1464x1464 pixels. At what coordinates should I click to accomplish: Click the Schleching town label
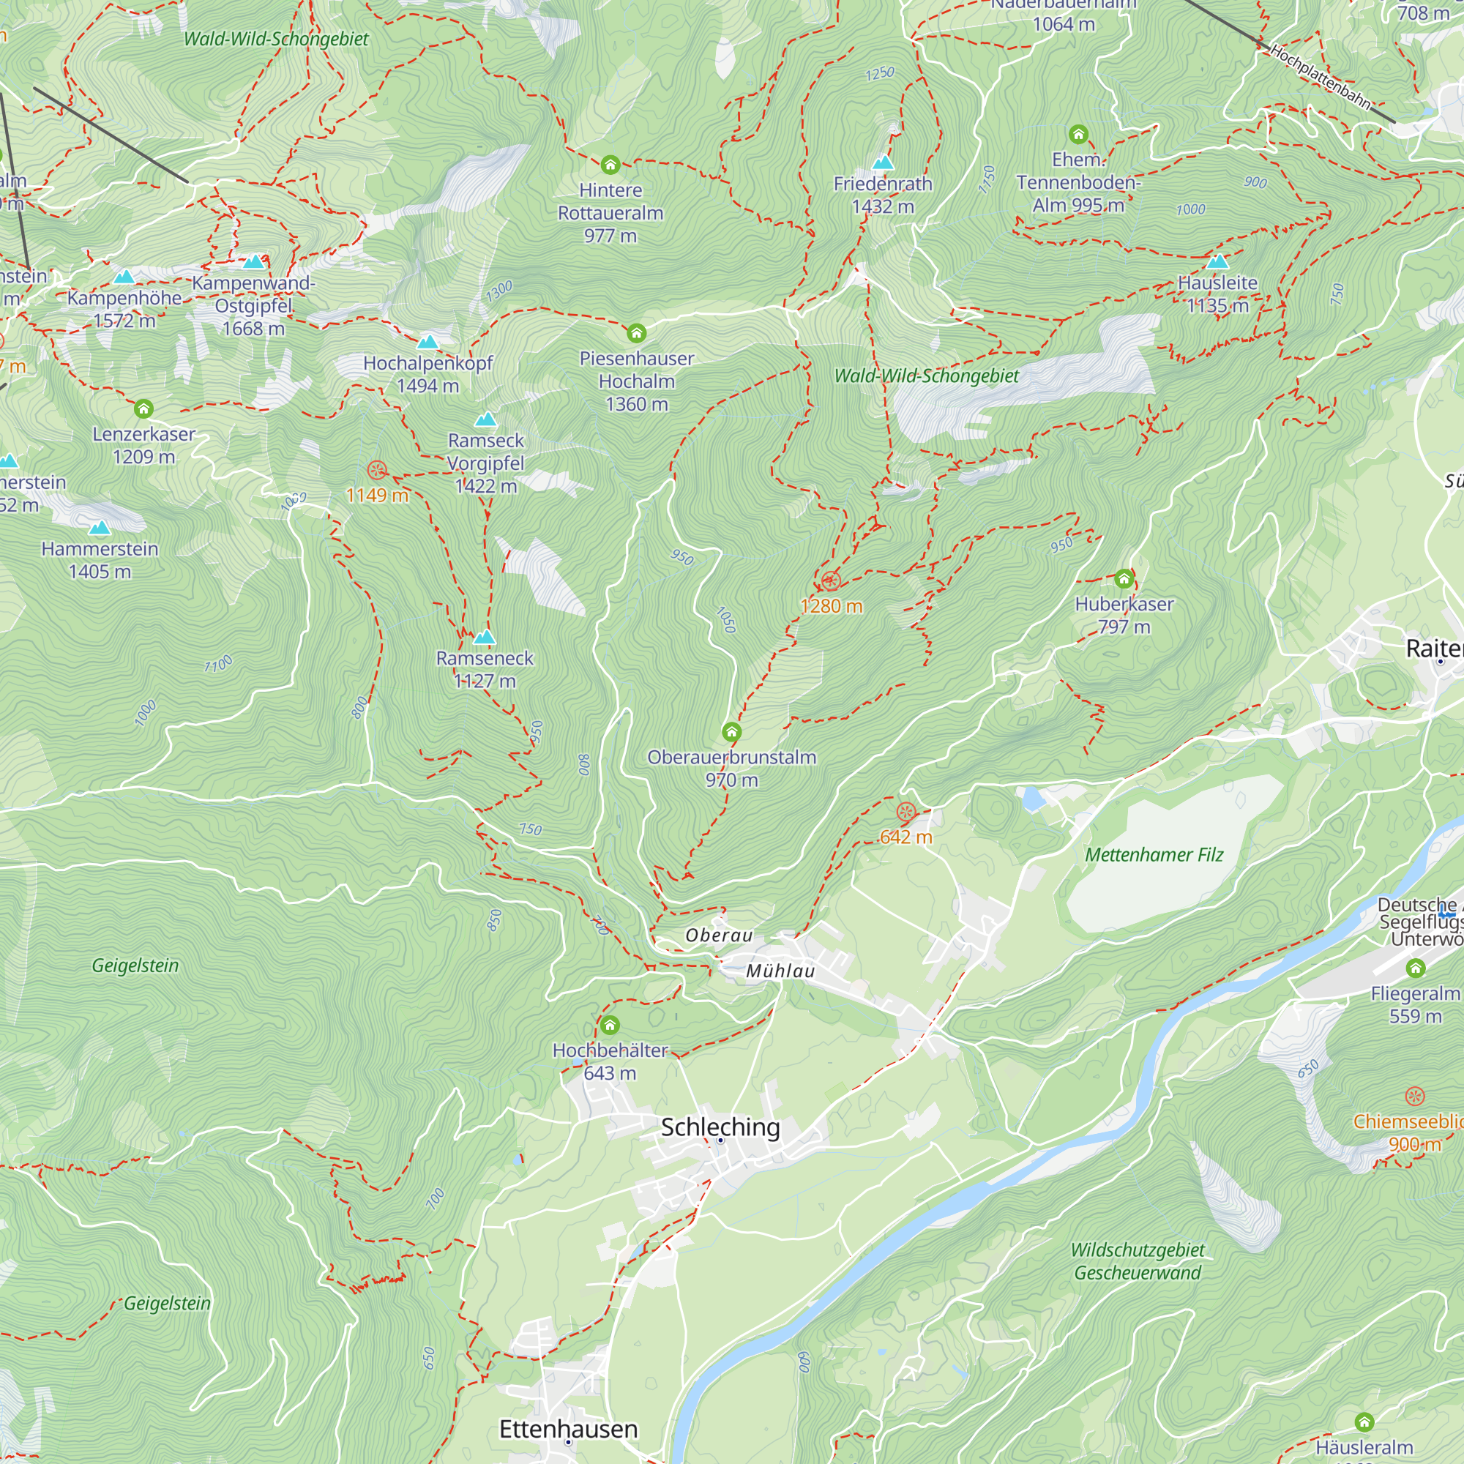720,1127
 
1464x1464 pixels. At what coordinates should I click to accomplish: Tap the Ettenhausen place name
568,1428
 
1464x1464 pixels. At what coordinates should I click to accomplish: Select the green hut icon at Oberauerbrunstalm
731,731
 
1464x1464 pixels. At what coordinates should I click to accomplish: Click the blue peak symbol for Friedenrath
883,163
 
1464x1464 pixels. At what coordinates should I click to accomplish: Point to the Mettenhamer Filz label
1154,855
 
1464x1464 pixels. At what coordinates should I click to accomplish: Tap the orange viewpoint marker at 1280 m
831,581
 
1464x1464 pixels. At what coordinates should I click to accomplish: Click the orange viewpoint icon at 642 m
905,813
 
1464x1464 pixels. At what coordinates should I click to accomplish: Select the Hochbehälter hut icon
610,1026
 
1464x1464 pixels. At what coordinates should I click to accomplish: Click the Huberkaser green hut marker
1124,580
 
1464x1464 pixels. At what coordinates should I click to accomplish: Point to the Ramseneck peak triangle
484,637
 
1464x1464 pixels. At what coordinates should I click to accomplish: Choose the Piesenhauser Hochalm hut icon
637,332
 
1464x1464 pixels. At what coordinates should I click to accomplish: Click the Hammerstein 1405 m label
100,560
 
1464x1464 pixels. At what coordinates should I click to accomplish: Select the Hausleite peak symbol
1217,261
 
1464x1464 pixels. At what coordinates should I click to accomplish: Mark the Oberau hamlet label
718,935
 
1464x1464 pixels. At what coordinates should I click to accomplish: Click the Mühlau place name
780,971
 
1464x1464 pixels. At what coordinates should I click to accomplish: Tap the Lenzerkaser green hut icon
144,409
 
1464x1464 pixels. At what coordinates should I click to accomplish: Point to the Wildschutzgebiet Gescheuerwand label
1138,1261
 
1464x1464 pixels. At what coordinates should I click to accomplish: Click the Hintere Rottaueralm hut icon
610,165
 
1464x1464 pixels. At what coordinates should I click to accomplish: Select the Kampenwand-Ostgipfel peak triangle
254,261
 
